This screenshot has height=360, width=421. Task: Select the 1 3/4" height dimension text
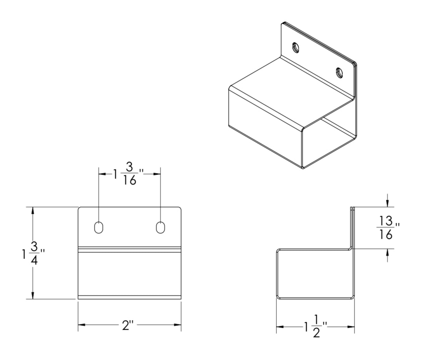(33, 253)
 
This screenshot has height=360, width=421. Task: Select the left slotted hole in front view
(99, 227)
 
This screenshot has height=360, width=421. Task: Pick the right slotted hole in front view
(160, 227)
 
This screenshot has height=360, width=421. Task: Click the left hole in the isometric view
(296, 48)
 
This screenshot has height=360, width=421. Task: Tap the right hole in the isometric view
(339, 72)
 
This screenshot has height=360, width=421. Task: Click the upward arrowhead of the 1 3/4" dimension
(33, 210)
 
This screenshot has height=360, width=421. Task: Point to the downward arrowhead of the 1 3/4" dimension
(33, 295)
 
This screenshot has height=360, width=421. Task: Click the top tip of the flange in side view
(353, 208)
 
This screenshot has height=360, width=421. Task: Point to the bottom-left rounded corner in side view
(278, 297)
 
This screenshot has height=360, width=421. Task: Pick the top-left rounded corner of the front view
(80, 209)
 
